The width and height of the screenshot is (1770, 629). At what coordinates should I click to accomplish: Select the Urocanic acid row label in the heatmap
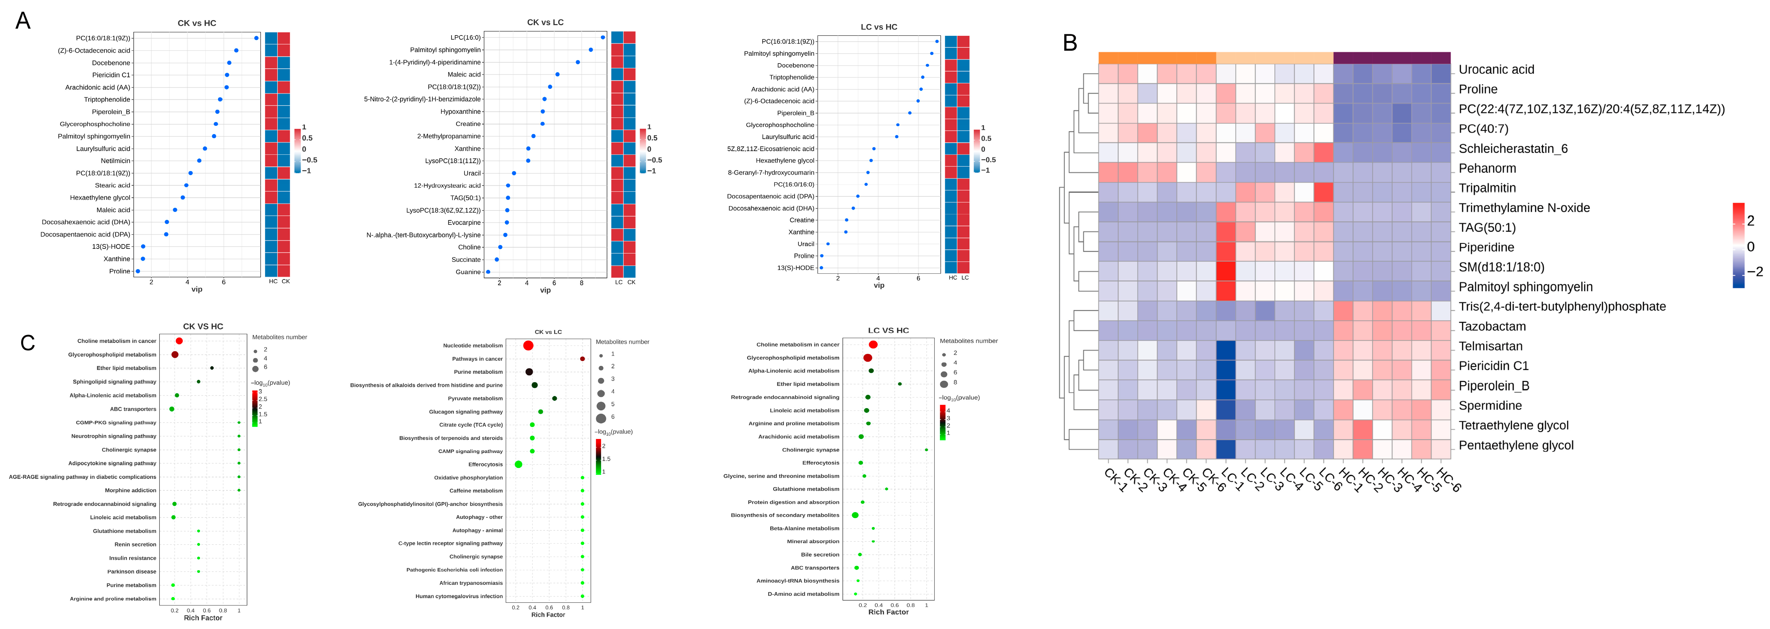coord(1496,69)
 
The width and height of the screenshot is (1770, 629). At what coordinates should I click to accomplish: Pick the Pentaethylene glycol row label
coord(1516,445)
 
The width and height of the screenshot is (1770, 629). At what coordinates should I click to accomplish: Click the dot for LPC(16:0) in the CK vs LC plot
coord(603,37)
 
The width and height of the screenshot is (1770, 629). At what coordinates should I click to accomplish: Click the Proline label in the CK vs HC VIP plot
coord(120,271)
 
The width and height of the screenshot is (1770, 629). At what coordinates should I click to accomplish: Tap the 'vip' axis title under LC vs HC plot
coord(879,285)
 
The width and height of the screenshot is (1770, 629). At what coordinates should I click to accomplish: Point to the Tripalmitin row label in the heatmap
coord(1487,188)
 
